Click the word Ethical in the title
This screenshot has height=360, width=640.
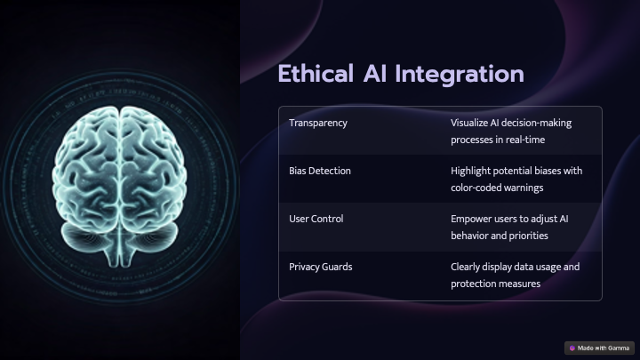[316, 74]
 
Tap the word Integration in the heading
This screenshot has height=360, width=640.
[460, 76]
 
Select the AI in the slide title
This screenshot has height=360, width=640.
[375, 74]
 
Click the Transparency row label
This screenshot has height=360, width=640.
[318, 124]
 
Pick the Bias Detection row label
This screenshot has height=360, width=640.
[320, 171]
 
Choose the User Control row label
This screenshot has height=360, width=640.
[316, 219]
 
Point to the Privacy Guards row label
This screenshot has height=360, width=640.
[320, 267]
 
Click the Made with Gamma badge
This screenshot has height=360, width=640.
[599, 348]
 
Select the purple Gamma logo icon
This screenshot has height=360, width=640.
[572, 348]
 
